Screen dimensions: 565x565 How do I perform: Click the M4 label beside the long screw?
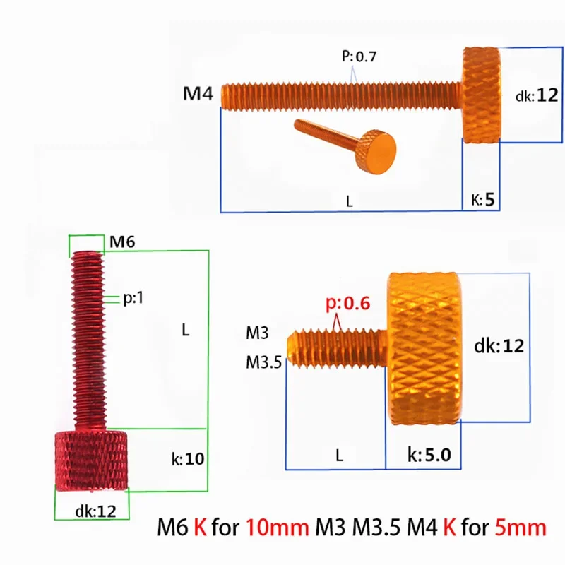point(198,94)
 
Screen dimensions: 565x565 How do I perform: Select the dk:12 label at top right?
point(537,95)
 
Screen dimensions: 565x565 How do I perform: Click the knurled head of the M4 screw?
point(482,94)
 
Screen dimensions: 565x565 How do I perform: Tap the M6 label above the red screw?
point(121,242)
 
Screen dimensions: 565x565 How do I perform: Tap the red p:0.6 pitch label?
point(347,304)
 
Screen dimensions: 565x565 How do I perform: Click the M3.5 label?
point(263,362)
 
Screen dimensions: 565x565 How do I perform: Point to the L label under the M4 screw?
point(349,201)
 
